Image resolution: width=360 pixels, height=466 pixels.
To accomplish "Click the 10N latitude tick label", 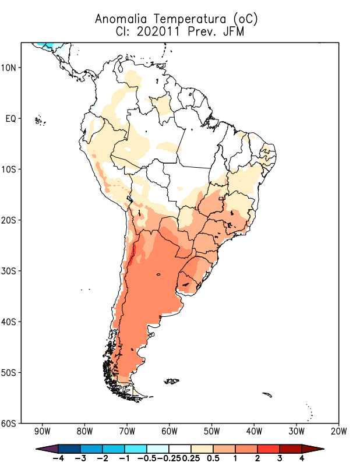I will (10, 68).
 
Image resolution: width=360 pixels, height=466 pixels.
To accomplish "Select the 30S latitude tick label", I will (10, 271).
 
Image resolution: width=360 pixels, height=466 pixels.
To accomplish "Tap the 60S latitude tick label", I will (10, 423).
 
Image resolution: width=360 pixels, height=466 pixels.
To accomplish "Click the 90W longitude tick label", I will (42, 432).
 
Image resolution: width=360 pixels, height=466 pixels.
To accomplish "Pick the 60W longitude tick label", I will (170, 432).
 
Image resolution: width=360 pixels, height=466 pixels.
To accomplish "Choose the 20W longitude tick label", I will (338, 432).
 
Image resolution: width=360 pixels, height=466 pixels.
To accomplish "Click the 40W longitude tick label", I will (254, 432).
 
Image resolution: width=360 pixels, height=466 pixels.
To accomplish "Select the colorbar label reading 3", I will (280, 458).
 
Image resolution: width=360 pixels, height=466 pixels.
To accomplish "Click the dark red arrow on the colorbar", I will (313, 448).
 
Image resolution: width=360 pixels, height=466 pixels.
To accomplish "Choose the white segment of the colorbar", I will (180, 448).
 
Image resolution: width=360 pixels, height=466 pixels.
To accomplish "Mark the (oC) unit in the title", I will (244, 19).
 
